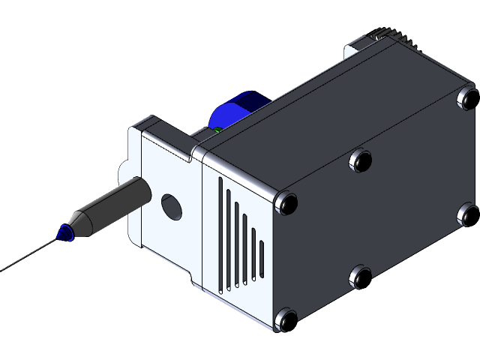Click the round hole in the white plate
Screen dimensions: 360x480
pos(171,206)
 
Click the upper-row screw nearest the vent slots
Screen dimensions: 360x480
pos(286,202)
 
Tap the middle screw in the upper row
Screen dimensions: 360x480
pos(361,159)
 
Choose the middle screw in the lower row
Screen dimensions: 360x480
pos(361,278)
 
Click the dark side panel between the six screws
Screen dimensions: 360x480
pos(375,217)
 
